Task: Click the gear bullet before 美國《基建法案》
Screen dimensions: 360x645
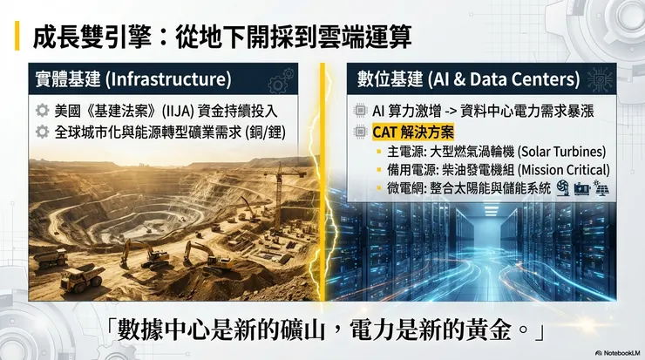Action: coord(41,112)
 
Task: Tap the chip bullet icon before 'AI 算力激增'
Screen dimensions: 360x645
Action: coord(362,112)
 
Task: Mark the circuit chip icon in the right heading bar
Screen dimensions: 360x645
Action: coord(602,79)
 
